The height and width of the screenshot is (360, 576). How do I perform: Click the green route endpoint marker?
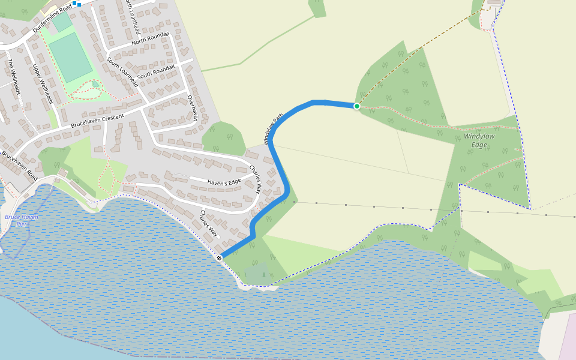(356, 106)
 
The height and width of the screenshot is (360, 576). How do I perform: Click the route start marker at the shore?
(220, 257)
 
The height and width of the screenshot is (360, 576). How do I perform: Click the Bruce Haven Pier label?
(20, 220)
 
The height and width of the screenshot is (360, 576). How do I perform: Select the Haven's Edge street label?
(224, 182)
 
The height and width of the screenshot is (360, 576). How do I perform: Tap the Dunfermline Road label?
(52, 19)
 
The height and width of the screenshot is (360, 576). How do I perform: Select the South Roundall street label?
(155, 72)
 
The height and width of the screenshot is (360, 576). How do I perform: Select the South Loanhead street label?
(122, 72)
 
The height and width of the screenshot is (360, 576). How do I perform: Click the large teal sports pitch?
(71, 57)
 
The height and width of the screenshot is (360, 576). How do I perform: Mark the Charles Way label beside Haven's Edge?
(256, 178)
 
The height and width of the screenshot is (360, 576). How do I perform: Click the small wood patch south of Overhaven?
(224, 138)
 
